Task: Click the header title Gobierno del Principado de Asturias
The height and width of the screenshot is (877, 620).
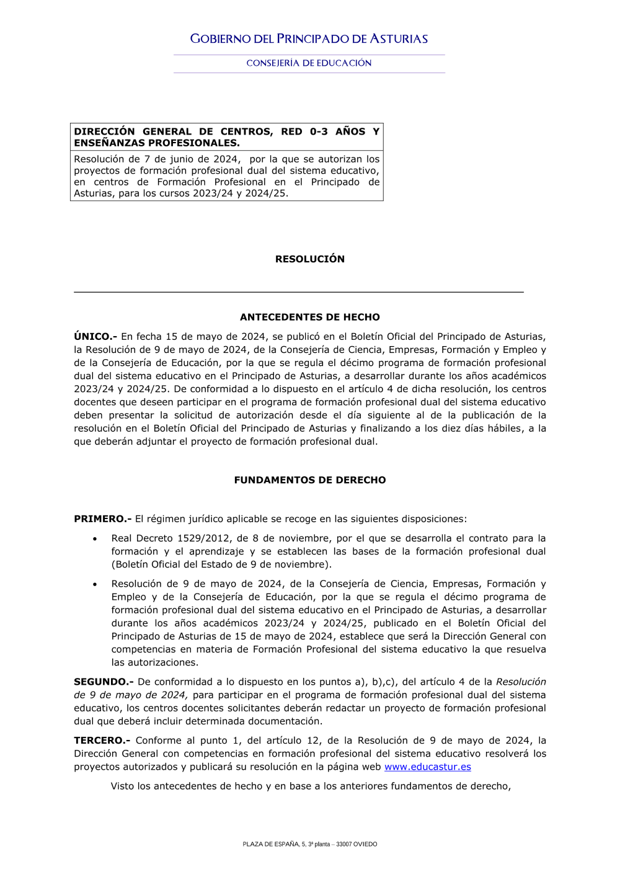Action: (309, 39)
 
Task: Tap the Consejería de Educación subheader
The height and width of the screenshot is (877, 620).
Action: (309, 63)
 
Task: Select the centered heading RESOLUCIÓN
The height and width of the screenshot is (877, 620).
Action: (310, 259)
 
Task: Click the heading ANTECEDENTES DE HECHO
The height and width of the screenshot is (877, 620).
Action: (310, 318)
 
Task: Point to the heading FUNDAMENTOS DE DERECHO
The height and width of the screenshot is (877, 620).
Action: (310, 480)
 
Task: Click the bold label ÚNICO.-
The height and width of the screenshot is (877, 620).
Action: (95, 337)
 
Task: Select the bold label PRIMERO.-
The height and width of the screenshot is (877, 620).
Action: (102, 519)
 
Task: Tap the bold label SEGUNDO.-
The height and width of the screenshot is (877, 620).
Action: (104, 682)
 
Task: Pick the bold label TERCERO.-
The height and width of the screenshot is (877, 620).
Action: (102, 741)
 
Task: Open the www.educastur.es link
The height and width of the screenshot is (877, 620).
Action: (428, 767)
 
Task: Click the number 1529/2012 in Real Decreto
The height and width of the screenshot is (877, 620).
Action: (204, 538)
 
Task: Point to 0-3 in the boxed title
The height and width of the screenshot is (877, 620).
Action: (319, 131)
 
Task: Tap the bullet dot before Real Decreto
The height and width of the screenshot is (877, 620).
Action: (95, 539)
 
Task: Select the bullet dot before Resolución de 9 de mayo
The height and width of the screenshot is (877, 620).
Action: (95, 584)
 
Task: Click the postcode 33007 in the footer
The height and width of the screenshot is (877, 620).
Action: (343, 844)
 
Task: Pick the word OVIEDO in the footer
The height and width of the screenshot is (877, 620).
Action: (365, 844)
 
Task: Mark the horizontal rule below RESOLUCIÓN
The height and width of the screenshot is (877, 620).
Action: (298, 292)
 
